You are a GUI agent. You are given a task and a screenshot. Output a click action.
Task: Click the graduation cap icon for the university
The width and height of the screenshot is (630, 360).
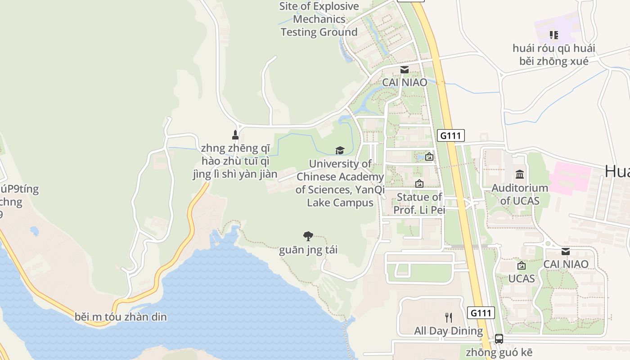(340, 150)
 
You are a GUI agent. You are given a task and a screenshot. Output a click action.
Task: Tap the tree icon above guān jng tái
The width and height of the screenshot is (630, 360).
(308, 236)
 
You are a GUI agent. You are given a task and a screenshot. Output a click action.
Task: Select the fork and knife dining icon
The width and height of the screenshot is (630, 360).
(448, 318)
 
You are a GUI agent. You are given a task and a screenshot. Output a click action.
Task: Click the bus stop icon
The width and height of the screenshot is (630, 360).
(499, 339)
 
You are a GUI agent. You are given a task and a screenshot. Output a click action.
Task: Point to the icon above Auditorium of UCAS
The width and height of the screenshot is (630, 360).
(520, 174)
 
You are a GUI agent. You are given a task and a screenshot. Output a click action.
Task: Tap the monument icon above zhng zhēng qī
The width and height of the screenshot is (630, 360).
(235, 135)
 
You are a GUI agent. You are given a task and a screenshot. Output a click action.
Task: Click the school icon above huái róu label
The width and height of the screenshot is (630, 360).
(554, 35)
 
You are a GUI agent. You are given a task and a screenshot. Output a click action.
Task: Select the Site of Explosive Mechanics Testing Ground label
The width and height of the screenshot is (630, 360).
(319, 19)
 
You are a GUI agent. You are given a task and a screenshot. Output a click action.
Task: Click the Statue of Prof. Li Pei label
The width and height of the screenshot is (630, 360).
(419, 203)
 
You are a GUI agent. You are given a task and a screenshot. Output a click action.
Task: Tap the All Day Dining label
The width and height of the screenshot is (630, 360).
(448, 331)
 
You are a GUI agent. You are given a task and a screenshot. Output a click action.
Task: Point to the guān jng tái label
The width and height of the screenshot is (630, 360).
(308, 250)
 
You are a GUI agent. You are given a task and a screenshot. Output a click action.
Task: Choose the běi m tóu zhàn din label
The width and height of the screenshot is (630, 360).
(121, 317)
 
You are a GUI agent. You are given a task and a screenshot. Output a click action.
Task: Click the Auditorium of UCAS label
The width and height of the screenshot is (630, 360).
(520, 194)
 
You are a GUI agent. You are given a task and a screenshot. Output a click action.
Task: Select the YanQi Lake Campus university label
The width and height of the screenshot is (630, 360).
(340, 183)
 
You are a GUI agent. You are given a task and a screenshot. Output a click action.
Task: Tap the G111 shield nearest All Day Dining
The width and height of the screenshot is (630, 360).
(481, 313)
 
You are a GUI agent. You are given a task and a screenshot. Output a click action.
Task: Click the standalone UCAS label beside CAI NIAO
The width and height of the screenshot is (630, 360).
(522, 279)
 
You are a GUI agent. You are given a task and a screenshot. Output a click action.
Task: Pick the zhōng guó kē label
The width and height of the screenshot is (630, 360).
(499, 352)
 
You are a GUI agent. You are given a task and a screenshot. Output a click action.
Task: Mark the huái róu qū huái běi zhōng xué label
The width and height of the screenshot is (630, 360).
(554, 54)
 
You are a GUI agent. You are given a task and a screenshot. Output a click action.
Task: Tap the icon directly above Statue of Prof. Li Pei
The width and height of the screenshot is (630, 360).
(419, 184)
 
